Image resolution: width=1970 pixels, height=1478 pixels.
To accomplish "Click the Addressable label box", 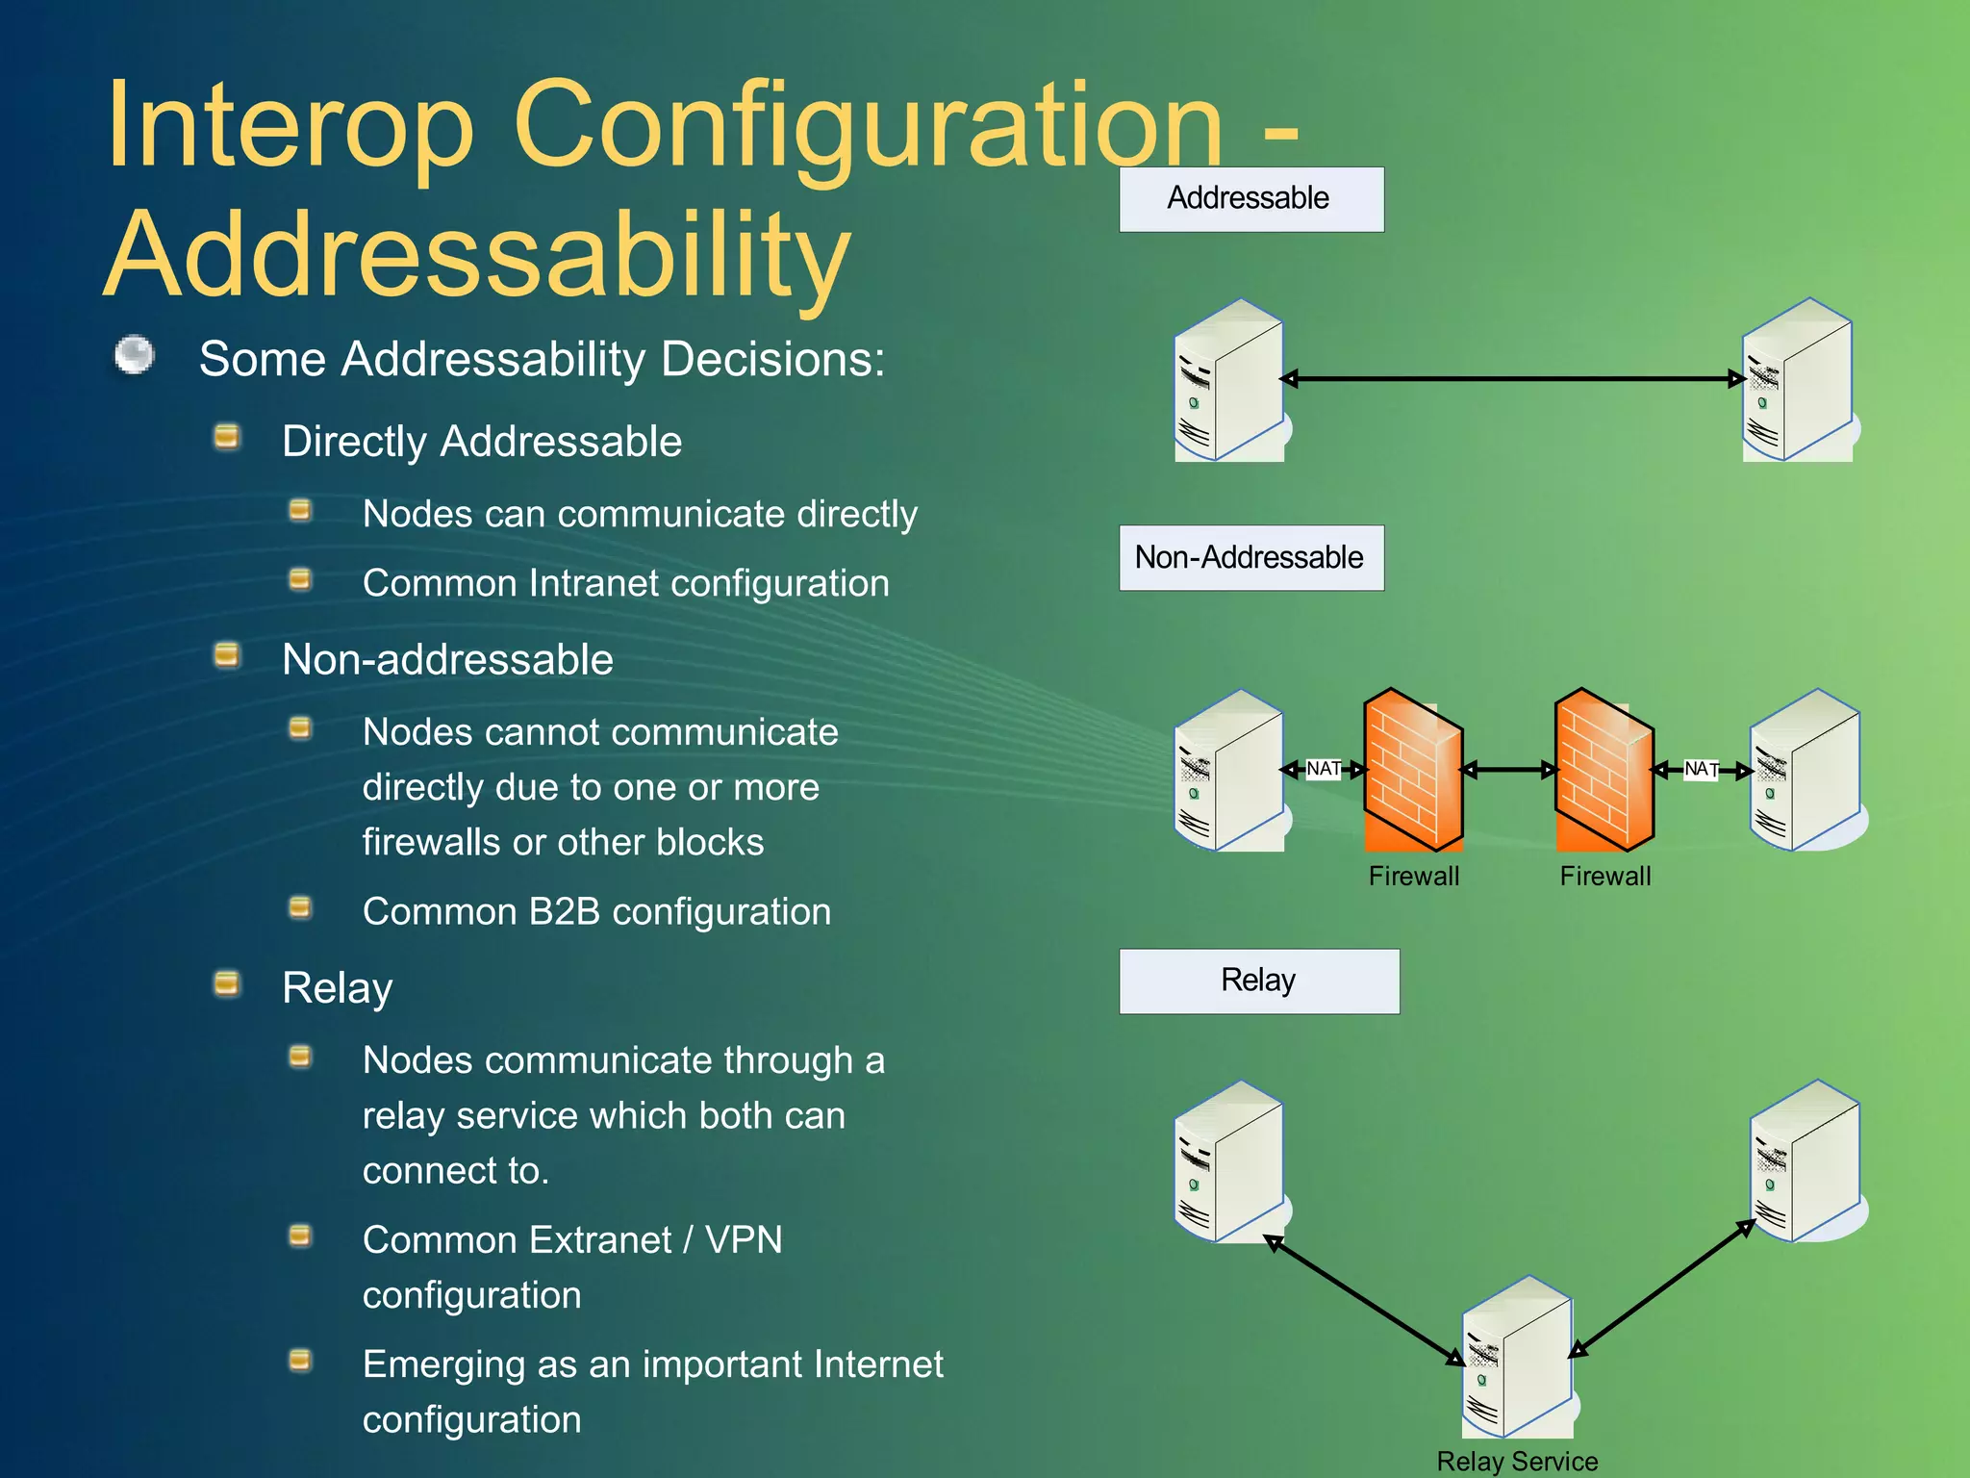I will pyautogui.click(x=1250, y=199).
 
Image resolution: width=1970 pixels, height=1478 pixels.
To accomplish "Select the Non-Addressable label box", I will pyautogui.click(x=1250, y=557).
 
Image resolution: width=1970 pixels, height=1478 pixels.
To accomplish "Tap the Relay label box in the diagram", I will pyautogui.click(x=1258, y=981).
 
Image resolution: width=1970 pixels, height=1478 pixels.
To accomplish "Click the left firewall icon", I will pyautogui.click(x=1412, y=770).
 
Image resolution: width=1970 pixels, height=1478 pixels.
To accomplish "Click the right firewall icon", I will pyautogui.click(x=1604, y=770).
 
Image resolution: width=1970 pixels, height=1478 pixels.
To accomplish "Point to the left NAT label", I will pyautogui.click(x=1324, y=769).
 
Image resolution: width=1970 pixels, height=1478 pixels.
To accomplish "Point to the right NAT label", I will pyautogui.click(x=1701, y=769).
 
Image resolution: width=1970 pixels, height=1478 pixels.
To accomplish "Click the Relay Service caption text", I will pyautogui.click(x=1517, y=1461).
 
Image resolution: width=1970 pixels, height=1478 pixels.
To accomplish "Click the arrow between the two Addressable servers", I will pyautogui.click(x=1512, y=379).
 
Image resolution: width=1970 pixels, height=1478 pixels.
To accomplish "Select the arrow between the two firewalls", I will pyautogui.click(x=1507, y=770).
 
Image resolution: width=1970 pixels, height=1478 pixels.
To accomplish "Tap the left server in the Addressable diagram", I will pyautogui.click(x=1229, y=381).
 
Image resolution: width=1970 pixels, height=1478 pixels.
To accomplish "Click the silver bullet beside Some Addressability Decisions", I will pyautogui.click(x=135, y=355).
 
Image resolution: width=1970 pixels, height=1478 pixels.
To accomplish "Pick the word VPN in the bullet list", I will pyautogui.click(x=744, y=1239).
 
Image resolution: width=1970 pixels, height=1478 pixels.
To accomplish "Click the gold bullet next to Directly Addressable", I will pyautogui.click(x=227, y=437).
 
